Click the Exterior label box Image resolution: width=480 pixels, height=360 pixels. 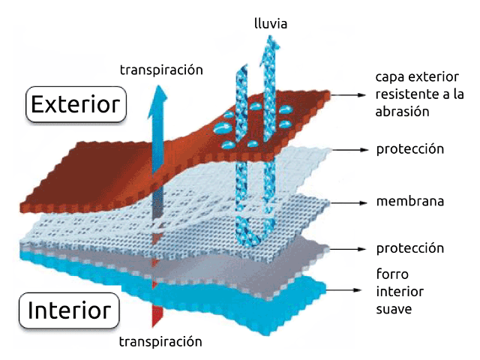[x=76, y=104]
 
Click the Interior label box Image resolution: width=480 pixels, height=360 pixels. [x=69, y=310]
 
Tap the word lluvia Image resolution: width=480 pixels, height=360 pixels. [x=271, y=23]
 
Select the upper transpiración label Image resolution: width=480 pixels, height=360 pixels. [x=161, y=70]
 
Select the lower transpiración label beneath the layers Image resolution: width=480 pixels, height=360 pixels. [x=160, y=342]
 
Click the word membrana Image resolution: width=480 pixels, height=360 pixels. [x=410, y=202]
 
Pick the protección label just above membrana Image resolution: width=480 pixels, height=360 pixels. [x=410, y=149]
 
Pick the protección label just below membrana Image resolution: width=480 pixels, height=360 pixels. [x=410, y=248]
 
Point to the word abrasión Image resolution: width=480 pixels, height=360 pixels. [x=402, y=112]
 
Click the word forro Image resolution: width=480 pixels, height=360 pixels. [x=392, y=274]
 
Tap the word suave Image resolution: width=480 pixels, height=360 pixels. [x=394, y=309]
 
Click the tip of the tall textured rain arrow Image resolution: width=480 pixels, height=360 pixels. [x=270, y=36]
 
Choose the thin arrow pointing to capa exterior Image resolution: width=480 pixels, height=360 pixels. [x=348, y=95]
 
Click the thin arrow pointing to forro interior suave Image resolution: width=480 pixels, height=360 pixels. [x=343, y=290]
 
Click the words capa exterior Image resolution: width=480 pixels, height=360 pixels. [x=417, y=76]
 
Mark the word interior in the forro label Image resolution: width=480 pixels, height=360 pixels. [x=400, y=292]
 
